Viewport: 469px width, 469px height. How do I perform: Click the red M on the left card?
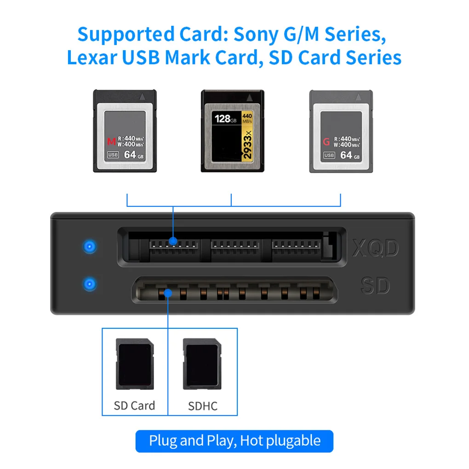(x=110, y=142)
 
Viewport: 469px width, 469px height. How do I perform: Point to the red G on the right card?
(x=326, y=142)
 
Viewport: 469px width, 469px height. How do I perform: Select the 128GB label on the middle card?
(x=226, y=119)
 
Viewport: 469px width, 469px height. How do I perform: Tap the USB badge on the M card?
(x=113, y=155)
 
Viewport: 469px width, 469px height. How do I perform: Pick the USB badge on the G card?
(x=329, y=155)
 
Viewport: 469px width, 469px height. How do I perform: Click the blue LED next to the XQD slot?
(x=90, y=246)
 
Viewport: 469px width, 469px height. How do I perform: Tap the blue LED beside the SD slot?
(x=90, y=284)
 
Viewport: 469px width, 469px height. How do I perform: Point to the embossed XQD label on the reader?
(x=375, y=249)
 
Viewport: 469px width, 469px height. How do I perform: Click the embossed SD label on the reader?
(x=375, y=286)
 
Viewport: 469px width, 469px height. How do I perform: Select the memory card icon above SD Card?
(x=134, y=364)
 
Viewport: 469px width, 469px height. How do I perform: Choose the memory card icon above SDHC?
(x=200, y=364)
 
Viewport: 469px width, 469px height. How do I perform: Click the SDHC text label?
(x=203, y=406)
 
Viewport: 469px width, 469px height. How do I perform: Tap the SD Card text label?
(x=134, y=406)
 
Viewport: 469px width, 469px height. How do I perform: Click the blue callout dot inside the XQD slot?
(x=173, y=241)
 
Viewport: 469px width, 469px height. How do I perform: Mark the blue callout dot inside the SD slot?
(x=168, y=292)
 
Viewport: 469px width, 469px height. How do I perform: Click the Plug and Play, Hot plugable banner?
(x=234, y=441)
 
